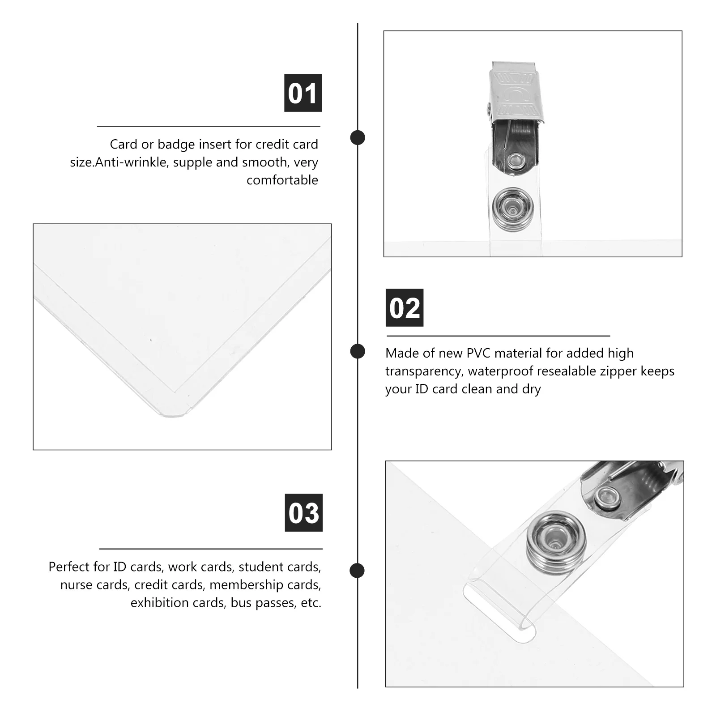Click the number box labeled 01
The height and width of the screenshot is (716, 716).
pyautogui.click(x=303, y=93)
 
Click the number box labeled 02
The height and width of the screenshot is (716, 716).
pyautogui.click(x=405, y=308)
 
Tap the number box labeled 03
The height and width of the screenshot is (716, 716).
pyautogui.click(x=303, y=513)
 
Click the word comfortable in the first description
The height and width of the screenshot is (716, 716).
pyautogui.click(x=282, y=180)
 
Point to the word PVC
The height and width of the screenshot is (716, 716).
pyautogui.click(x=479, y=354)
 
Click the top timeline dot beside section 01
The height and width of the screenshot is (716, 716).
pyautogui.click(x=358, y=137)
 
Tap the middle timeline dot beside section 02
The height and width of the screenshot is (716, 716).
pyautogui.click(x=358, y=351)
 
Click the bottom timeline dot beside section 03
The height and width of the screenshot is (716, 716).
pyautogui.click(x=357, y=571)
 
